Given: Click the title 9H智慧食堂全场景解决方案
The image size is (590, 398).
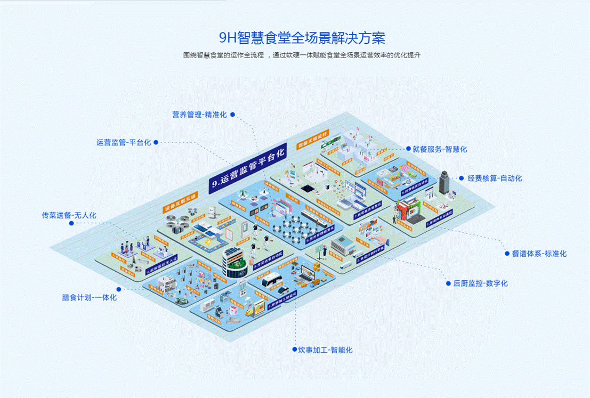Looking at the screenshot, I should [295, 38].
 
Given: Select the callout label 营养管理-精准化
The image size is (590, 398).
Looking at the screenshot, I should [199, 115].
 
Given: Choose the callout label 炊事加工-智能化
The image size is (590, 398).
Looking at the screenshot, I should [326, 350].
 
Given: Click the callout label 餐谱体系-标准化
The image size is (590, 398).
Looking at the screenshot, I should [539, 254].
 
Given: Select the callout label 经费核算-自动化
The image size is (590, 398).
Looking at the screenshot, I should [495, 178].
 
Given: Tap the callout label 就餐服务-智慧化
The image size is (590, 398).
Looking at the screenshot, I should [440, 149].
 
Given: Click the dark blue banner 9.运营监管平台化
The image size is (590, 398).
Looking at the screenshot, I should [247, 167].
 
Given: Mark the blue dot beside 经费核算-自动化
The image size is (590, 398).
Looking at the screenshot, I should [462, 178].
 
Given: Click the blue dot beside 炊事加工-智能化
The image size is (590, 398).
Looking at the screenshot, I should [294, 350].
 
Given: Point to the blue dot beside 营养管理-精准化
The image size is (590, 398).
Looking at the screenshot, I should [232, 114].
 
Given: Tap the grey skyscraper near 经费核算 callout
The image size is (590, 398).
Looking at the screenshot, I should [443, 183].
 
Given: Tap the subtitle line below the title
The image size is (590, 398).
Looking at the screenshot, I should [295, 55].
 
